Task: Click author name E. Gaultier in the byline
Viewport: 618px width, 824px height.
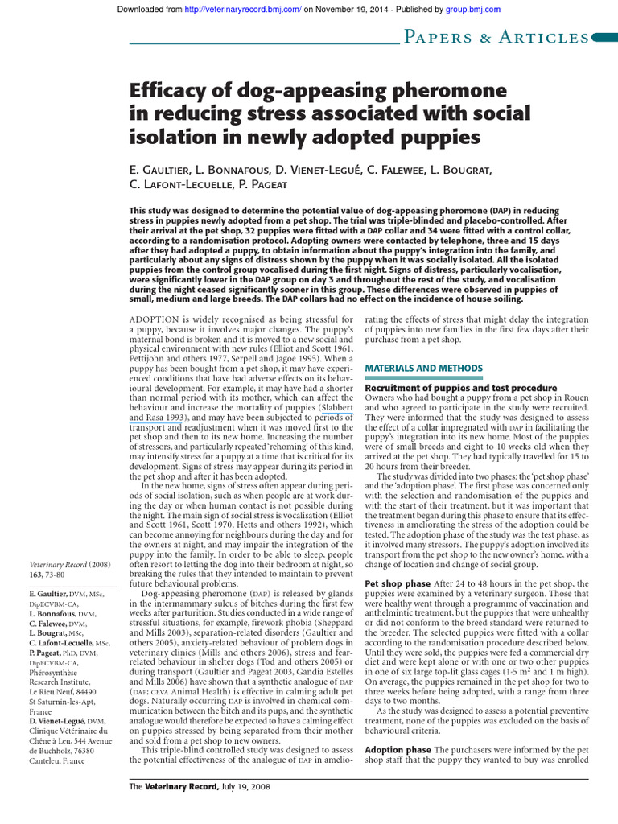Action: point(161,171)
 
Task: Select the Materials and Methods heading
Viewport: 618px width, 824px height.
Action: point(423,368)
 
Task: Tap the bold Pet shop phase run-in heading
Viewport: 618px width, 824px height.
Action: point(397,583)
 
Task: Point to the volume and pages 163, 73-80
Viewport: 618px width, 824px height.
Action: point(52,575)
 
